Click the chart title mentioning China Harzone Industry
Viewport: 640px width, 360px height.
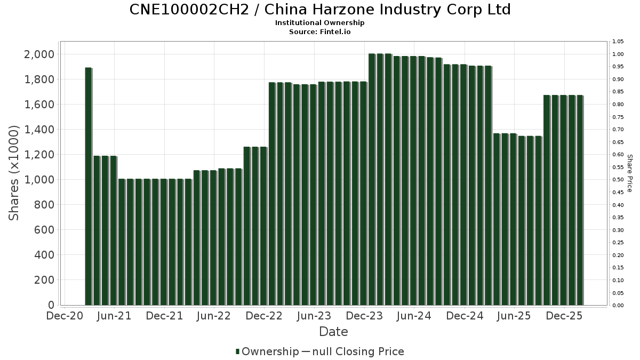coord(320,10)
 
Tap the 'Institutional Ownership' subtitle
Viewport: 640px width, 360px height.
coord(320,23)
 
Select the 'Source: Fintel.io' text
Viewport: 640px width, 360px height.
coord(320,31)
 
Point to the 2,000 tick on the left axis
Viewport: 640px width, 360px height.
coord(39,54)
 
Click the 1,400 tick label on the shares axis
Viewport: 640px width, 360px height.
coord(39,130)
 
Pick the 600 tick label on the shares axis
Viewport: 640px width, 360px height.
coord(43,230)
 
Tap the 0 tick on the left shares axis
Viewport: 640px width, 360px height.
coord(51,305)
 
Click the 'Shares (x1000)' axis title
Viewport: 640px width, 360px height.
coord(14,173)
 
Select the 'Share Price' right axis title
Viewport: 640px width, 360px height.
coord(629,173)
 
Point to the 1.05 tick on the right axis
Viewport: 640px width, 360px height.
coord(618,42)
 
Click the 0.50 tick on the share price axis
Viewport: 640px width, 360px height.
coord(618,180)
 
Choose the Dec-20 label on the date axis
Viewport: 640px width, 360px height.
coord(65,316)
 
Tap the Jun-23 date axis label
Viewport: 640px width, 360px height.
coord(314,316)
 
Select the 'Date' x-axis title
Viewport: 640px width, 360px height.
coord(333,332)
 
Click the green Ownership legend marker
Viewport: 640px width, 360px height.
coord(238,351)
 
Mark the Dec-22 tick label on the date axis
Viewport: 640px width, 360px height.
coord(265,316)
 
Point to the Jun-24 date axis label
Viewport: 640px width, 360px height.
coord(414,316)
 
